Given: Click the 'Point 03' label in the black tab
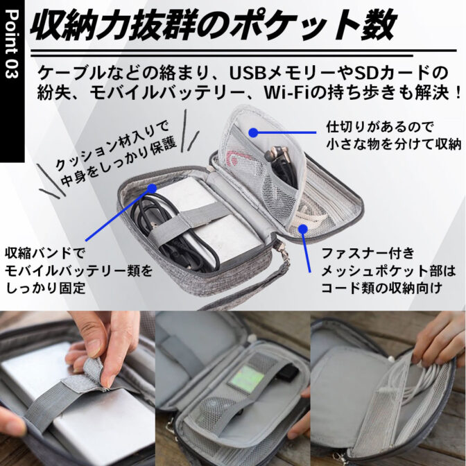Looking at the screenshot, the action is [12, 44].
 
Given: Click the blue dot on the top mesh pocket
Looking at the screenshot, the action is [253, 132].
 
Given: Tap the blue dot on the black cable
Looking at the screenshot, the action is [152, 188].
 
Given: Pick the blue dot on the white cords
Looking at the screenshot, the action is [303, 229].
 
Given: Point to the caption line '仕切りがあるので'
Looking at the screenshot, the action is [379, 127].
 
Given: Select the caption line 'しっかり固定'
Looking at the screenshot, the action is [45, 288].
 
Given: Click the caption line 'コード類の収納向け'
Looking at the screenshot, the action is [382, 288].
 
